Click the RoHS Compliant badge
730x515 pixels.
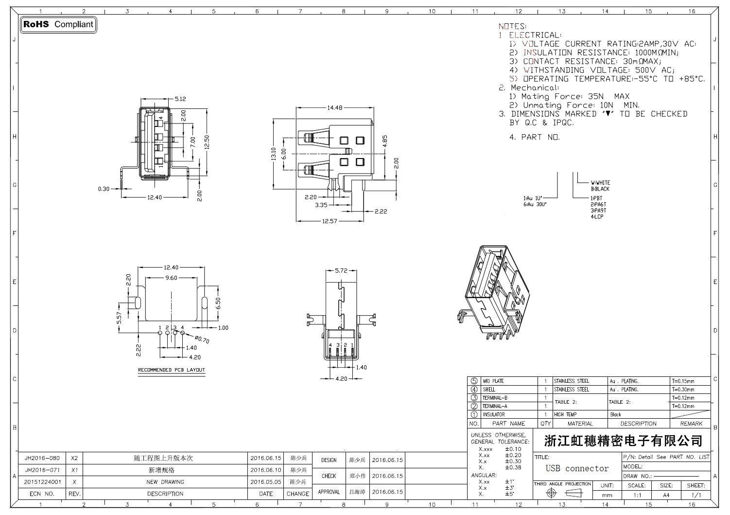pos(58,24)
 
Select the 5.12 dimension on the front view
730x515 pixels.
pos(180,99)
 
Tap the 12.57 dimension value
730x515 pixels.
pos(329,221)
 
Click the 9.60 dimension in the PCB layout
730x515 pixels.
pos(171,278)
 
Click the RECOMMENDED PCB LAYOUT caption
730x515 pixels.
pos(171,370)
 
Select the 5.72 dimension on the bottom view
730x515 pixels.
pos(342,270)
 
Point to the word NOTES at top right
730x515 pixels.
pos(512,26)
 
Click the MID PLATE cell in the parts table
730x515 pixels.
pos(493,381)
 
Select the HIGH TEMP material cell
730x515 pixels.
pos(565,415)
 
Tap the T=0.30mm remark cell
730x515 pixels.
pos(683,390)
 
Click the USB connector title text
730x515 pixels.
pos(577,469)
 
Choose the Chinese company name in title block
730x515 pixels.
pos(623,441)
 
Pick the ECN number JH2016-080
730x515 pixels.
pos(42,458)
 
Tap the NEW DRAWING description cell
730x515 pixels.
pos(165,482)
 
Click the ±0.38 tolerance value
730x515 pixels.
pos(513,467)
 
